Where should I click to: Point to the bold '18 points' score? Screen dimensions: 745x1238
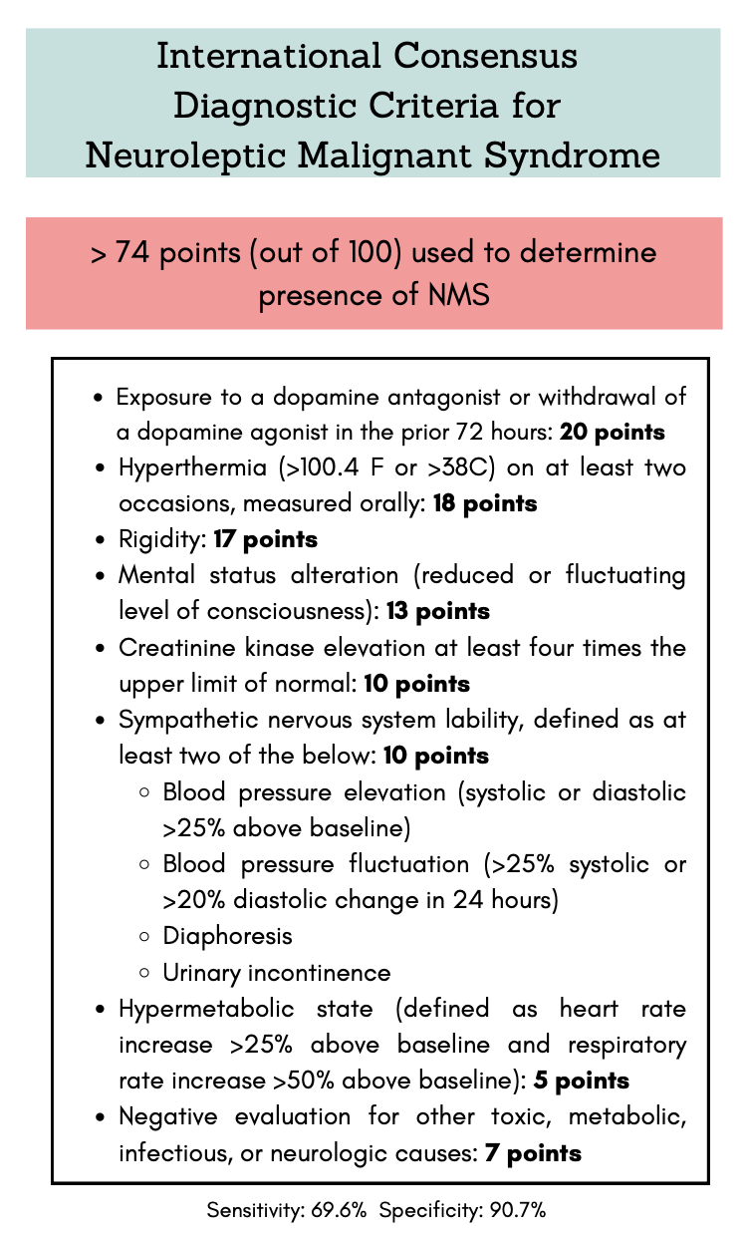click(484, 503)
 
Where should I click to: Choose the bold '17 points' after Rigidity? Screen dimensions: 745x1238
click(266, 539)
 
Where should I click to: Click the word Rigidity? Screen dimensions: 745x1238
click(160, 539)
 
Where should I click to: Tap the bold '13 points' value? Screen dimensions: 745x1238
click(438, 611)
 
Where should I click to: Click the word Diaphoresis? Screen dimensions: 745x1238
click(227, 936)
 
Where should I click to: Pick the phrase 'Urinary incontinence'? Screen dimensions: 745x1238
click(276, 972)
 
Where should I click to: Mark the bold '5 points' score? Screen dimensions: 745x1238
click(582, 1081)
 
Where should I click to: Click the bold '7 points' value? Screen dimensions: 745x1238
click(533, 1153)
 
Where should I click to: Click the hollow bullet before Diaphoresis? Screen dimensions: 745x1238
click(145, 937)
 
